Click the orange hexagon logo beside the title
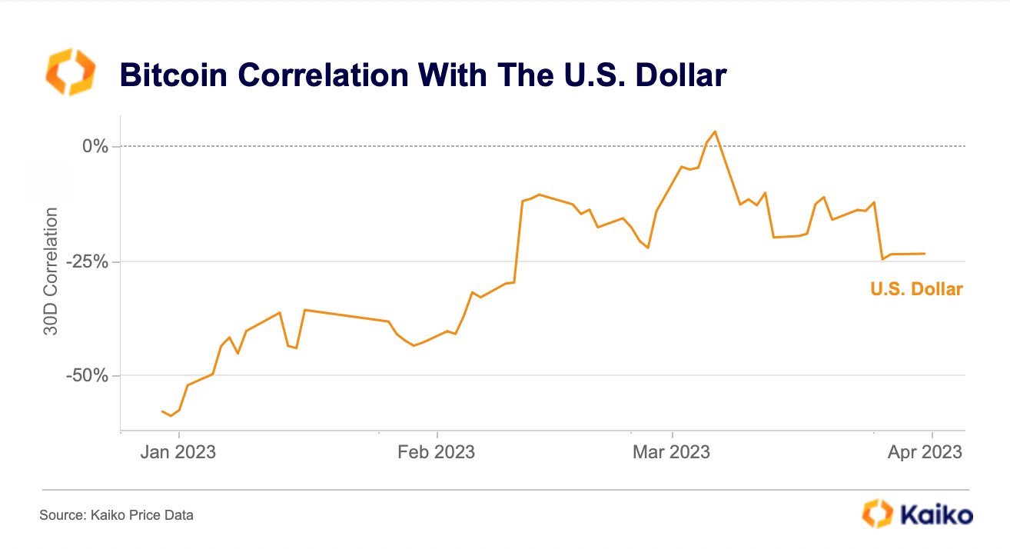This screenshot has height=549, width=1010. click(70, 72)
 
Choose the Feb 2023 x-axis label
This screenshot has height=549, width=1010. click(437, 452)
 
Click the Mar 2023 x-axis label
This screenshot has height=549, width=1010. click(672, 452)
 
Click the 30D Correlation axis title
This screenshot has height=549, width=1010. click(51, 271)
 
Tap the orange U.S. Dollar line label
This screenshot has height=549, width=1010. click(916, 290)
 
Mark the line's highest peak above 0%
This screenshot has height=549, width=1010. click(716, 131)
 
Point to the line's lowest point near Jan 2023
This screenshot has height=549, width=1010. click(171, 416)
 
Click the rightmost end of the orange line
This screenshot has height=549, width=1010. click(925, 254)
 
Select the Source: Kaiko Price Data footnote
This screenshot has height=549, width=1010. click(116, 515)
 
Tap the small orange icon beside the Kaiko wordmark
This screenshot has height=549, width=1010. click(878, 513)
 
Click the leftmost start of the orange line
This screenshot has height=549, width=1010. click(162, 411)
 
